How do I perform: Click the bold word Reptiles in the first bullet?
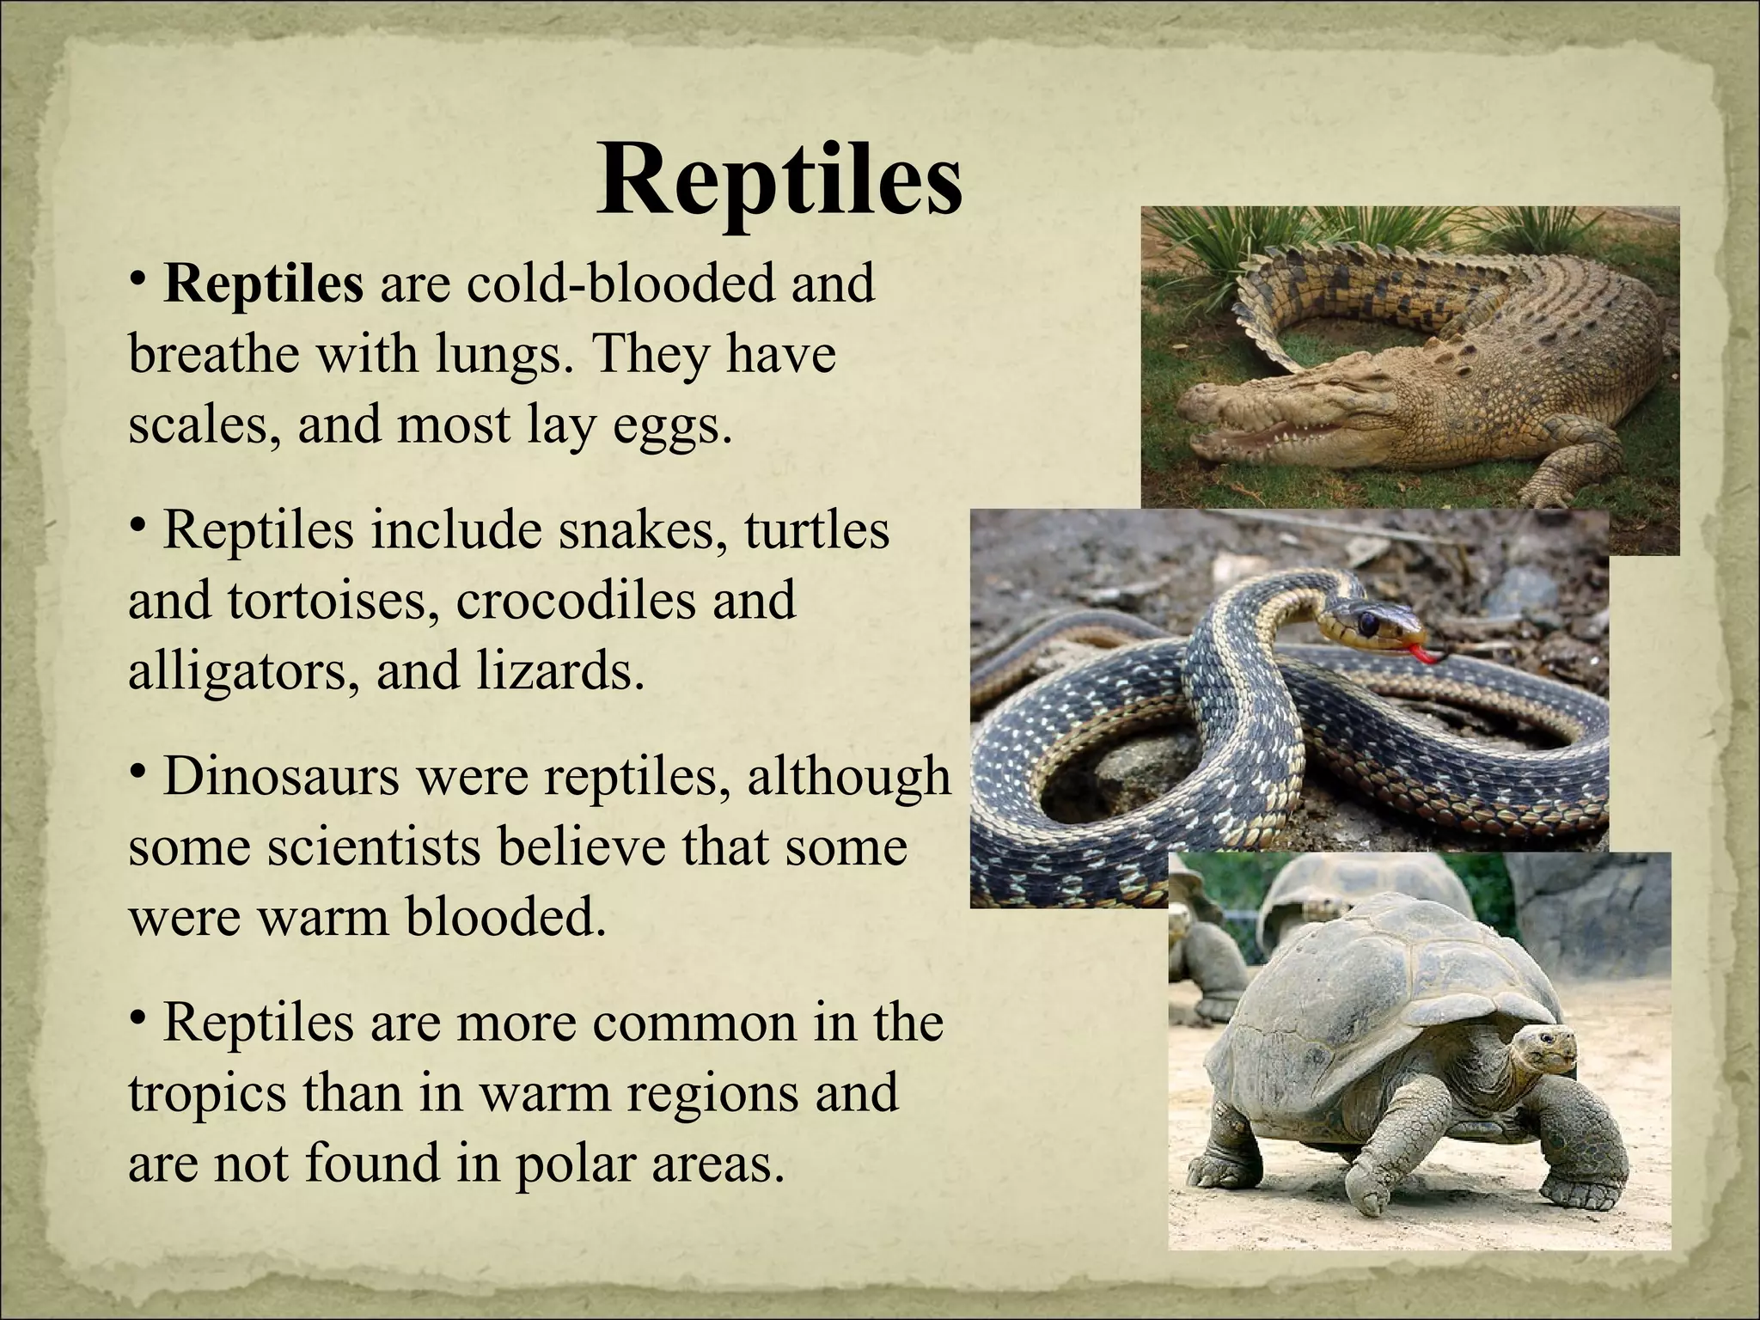264,284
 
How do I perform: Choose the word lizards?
559,671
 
